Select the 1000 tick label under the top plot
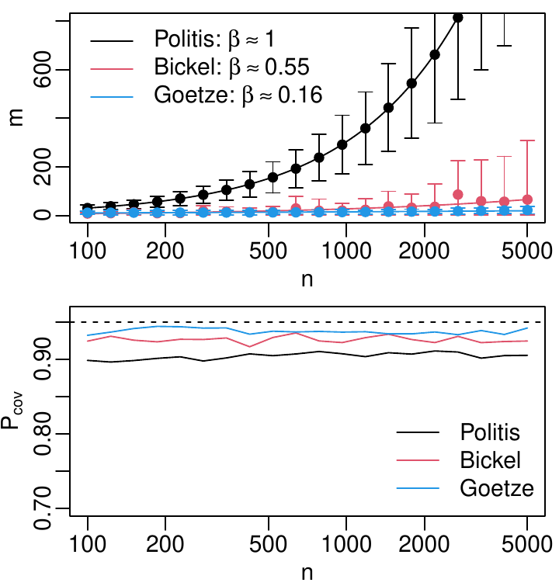pyautogui.click(x=345, y=251)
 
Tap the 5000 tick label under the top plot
pyautogui.click(x=527, y=251)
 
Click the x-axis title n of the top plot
pyautogui.click(x=307, y=278)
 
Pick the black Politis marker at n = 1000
pyautogui.click(x=342, y=145)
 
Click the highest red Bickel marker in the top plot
pyautogui.click(x=458, y=194)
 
